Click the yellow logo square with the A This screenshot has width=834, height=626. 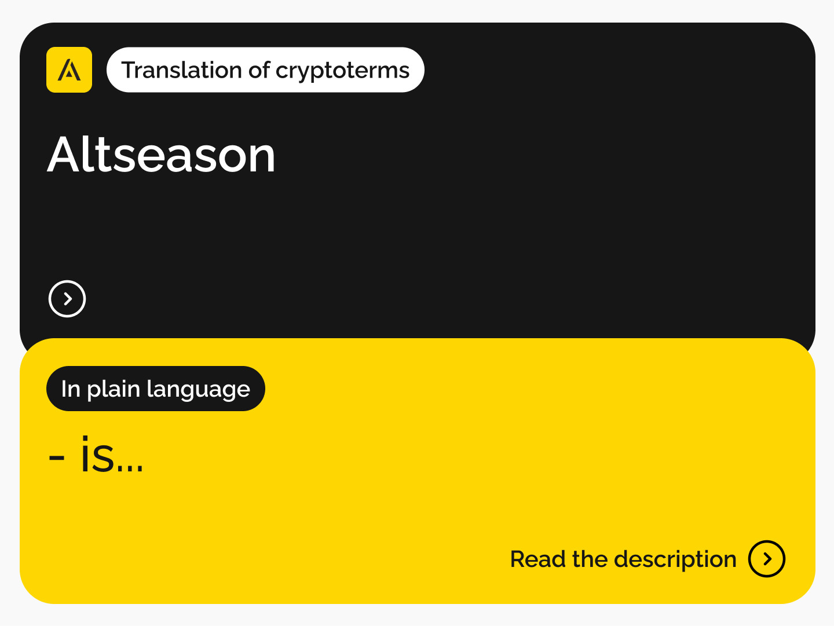[x=69, y=69]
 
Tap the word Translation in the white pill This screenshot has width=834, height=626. [x=181, y=70]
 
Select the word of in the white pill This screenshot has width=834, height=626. [x=259, y=70]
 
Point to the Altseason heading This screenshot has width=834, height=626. [x=161, y=155]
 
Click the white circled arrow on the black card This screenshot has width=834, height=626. [x=67, y=299]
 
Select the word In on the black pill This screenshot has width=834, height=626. [x=71, y=389]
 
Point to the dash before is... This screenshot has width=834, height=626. [x=57, y=457]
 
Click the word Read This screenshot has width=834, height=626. [x=537, y=559]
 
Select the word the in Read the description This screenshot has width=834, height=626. [x=590, y=559]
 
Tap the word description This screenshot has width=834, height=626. [x=675, y=560]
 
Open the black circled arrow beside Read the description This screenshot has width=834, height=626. [x=767, y=559]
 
